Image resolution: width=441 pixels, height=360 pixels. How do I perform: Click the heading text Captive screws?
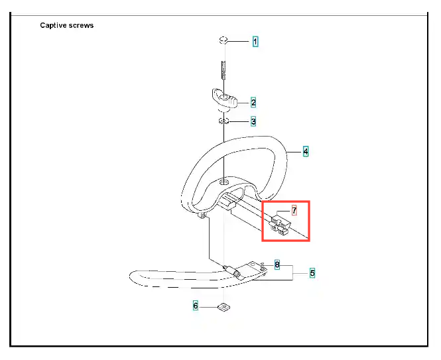click(x=66, y=26)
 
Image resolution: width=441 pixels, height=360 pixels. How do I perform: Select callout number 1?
click(x=255, y=42)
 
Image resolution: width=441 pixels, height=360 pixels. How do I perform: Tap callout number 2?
click(x=253, y=103)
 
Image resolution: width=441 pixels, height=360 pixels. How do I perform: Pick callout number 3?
click(x=253, y=122)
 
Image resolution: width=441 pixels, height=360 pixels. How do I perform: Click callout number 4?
click(x=306, y=151)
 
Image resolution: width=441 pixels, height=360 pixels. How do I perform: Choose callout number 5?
click(x=312, y=272)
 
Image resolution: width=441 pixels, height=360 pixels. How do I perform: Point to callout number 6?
click(x=196, y=306)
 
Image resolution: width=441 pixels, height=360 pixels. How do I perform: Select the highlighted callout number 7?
click(x=294, y=211)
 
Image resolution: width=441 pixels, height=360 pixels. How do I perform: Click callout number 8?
click(x=277, y=265)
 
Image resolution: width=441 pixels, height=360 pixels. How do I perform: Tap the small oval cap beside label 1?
click(x=224, y=41)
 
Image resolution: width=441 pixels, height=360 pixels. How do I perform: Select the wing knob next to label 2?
click(x=224, y=100)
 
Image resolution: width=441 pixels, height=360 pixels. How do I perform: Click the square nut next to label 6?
click(x=223, y=306)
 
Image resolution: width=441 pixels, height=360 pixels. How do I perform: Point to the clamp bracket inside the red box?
click(x=281, y=226)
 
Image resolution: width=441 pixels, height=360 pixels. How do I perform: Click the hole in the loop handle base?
click(x=224, y=182)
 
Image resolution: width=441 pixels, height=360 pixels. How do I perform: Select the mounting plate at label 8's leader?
click(x=253, y=267)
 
